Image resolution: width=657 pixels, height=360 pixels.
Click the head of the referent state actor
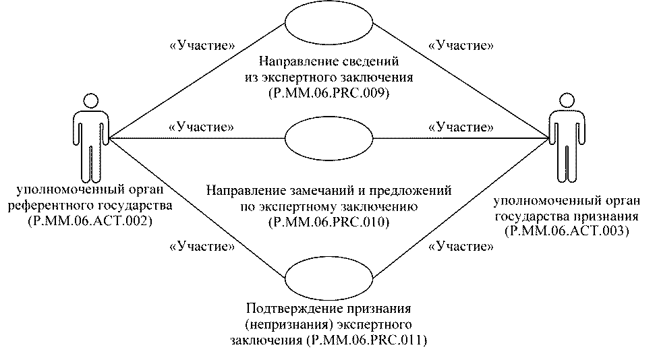(x=91, y=101)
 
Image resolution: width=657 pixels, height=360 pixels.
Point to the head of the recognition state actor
(x=567, y=101)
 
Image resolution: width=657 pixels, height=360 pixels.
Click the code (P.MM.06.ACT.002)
(x=90, y=221)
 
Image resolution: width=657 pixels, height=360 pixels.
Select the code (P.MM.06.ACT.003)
(x=567, y=231)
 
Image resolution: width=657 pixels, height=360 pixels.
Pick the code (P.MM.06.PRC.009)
(x=329, y=93)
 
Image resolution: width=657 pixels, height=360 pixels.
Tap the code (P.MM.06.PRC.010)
(x=329, y=222)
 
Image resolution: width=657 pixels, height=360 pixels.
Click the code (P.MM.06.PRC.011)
(x=367, y=340)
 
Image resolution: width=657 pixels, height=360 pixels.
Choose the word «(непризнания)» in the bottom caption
(x=289, y=325)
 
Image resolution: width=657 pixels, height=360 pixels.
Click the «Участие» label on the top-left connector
(x=202, y=45)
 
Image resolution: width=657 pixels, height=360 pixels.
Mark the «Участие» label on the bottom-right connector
(x=461, y=246)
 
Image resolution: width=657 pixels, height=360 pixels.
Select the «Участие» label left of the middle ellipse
(x=202, y=127)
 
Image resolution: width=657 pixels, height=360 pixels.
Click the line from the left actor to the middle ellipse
(x=196, y=138)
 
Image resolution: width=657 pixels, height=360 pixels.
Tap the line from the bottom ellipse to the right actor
(x=461, y=208)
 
